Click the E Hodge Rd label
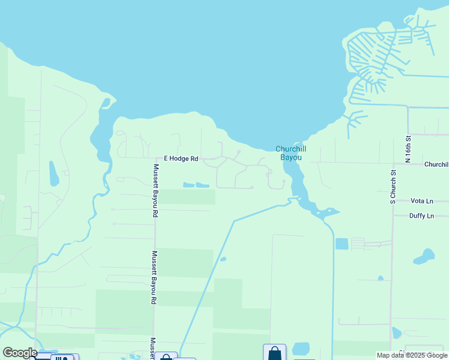pos(182,159)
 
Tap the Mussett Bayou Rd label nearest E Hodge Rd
pos(155,190)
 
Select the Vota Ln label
pos(421,201)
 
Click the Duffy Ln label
pos(421,216)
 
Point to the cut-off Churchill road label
pos(436,164)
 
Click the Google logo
pos(20,353)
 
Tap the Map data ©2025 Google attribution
pos(412,355)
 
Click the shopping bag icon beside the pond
pos(275,352)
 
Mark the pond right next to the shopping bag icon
pos(301,349)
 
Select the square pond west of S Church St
pos(342,244)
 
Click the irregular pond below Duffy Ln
pos(424,257)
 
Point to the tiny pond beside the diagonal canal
pos(223,259)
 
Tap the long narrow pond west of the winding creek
pos(54,173)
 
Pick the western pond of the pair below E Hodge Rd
pos(188,185)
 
